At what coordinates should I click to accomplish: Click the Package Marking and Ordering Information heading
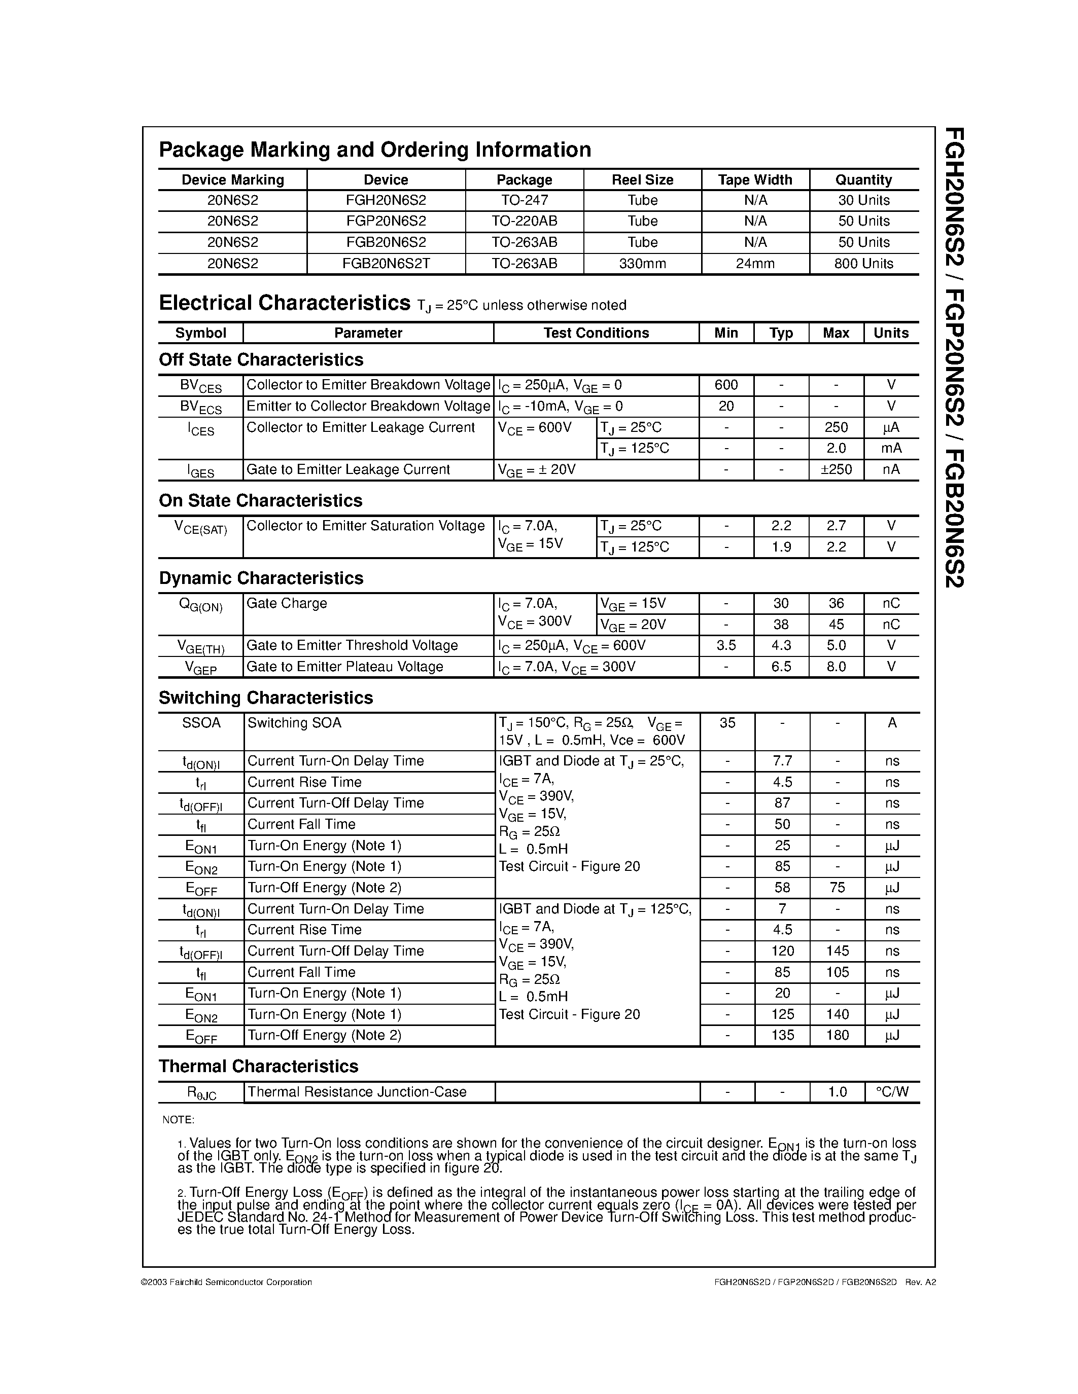pos(375,150)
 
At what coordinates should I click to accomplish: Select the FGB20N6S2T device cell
pos(386,264)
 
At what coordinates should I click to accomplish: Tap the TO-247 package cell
pos(525,200)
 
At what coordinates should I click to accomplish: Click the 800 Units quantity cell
pos(863,264)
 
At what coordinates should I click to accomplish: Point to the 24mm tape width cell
pos(755,264)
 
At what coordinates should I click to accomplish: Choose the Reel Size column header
pos(642,180)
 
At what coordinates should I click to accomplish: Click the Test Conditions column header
pos(596,333)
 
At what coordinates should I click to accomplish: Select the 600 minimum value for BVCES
pos(726,385)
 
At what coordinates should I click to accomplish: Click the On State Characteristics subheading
pos(261,501)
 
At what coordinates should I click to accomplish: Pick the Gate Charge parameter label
pos(287,604)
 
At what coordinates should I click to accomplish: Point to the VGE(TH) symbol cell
pos(200,647)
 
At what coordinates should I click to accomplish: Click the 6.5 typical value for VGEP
pos(781,667)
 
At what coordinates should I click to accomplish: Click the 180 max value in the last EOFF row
pos(837,1035)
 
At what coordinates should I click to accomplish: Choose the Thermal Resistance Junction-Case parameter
pos(357,1092)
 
